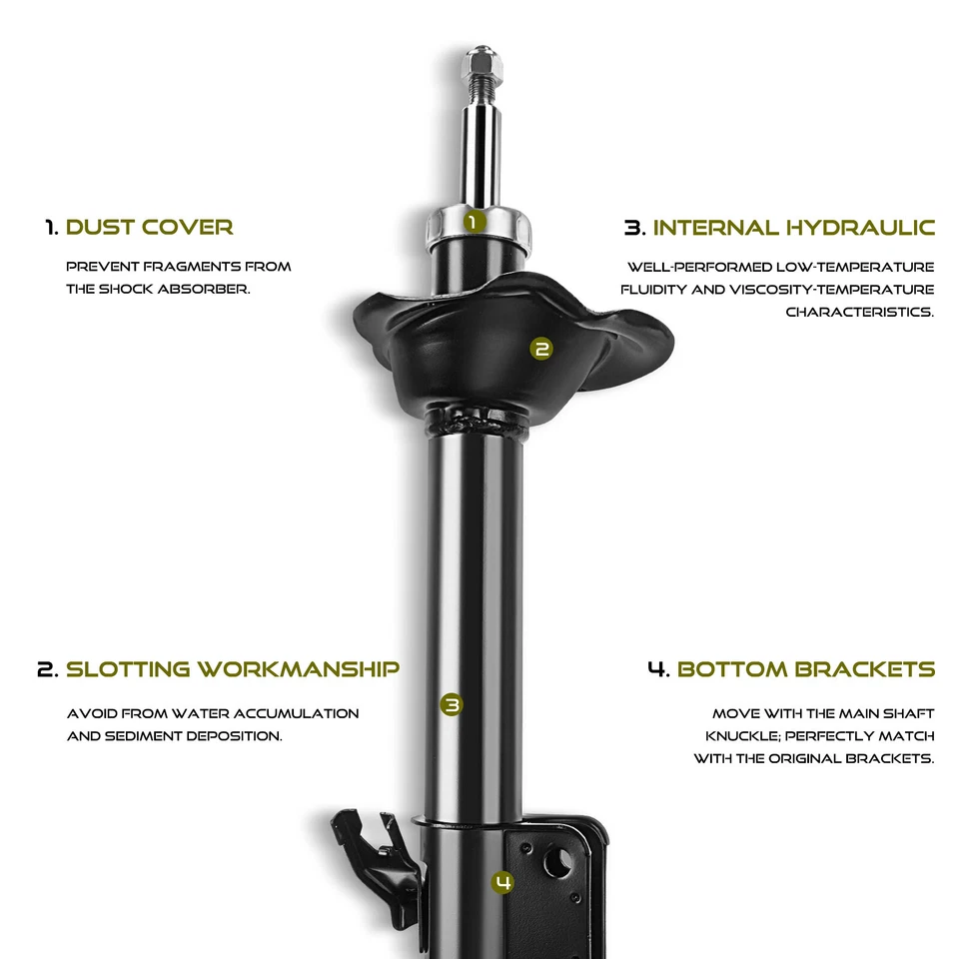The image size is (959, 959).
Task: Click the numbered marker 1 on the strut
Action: pos(476,221)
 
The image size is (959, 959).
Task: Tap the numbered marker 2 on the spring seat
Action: pos(541,349)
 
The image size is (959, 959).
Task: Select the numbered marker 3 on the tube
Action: pos(452,704)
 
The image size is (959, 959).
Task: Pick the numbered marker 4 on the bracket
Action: pos(502,881)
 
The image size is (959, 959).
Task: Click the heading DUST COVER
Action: pos(149,227)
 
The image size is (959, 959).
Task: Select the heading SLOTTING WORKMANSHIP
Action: pos(232,668)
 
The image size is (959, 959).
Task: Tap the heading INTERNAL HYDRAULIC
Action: pos(793,227)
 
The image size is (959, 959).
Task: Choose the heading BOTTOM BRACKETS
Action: pos(805,668)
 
